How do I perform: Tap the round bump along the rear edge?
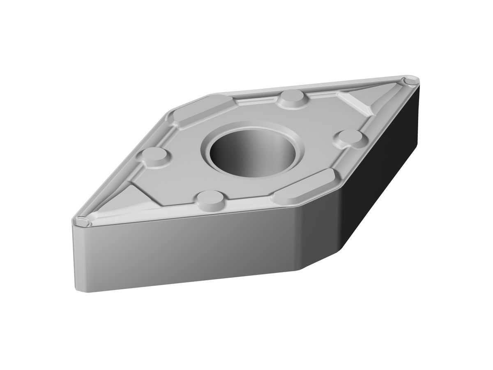293,97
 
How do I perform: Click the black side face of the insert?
382,164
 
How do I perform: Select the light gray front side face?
185,251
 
